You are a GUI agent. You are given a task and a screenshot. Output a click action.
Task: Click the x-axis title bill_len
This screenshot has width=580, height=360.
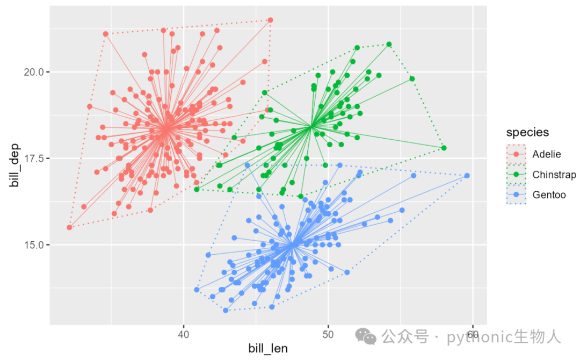pos(268,349)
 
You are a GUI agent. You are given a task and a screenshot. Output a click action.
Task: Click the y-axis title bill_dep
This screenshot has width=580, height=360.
pos(15,165)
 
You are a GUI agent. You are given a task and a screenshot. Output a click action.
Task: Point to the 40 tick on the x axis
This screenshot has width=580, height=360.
pos(183,335)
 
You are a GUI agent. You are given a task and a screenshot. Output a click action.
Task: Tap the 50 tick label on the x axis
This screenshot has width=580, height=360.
pos(328,335)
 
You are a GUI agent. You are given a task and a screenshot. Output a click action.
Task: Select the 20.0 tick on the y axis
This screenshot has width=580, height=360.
pos(34,72)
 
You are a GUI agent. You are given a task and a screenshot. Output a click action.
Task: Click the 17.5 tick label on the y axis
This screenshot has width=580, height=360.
pos(34,159)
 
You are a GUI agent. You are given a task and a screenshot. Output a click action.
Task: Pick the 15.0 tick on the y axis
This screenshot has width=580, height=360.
pos(34,245)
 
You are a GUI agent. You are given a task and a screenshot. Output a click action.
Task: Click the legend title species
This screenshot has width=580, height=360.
pos(527,133)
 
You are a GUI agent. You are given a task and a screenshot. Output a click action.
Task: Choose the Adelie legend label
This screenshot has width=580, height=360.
pos(546,154)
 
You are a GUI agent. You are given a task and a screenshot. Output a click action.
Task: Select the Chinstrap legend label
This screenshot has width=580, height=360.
pos(554,175)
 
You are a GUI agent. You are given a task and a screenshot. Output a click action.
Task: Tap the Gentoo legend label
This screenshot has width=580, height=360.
pos(549,195)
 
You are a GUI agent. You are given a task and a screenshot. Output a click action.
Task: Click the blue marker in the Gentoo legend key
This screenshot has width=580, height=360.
pos(516,195)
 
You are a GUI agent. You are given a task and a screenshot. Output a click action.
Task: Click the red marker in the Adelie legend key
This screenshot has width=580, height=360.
pos(516,154)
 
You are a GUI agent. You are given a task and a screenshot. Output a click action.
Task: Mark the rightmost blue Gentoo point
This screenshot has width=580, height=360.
pos(467,176)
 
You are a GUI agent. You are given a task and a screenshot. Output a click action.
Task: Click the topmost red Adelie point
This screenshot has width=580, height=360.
pos(270,20)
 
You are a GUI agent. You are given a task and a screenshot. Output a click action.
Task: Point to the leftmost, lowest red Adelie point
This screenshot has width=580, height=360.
pos(69,227)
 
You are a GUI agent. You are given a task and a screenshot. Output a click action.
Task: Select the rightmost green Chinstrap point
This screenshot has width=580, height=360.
pos(444,148)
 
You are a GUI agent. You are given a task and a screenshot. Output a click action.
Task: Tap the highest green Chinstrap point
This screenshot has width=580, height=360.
pos(389,45)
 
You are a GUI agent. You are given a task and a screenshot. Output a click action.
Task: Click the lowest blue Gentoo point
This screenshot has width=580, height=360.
pos(226,311)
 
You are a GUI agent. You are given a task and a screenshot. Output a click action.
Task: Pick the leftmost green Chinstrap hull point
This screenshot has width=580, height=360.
pos(197,190)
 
